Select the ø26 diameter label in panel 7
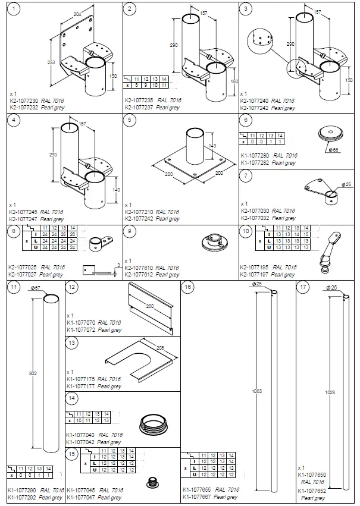pos(347,184)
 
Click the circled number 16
pos(189,287)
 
